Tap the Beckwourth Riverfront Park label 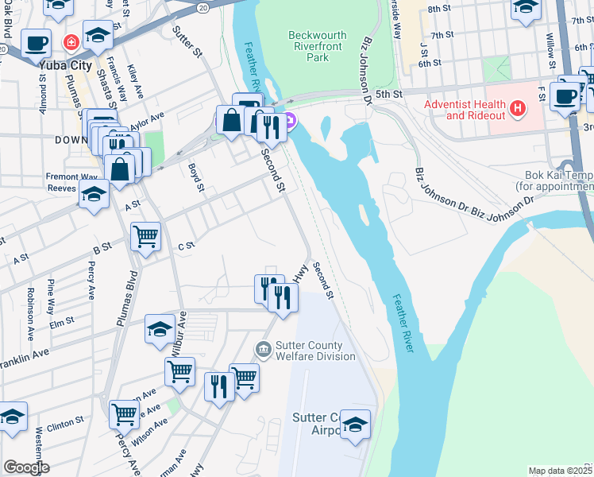click(x=319, y=46)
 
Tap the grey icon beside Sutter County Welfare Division click(x=263, y=349)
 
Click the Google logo click(x=26, y=467)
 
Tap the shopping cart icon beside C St click(x=146, y=235)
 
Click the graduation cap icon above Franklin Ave click(x=160, y=328)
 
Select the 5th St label click(x=390, y=94)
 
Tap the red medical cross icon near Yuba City click(x=71, y=41)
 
